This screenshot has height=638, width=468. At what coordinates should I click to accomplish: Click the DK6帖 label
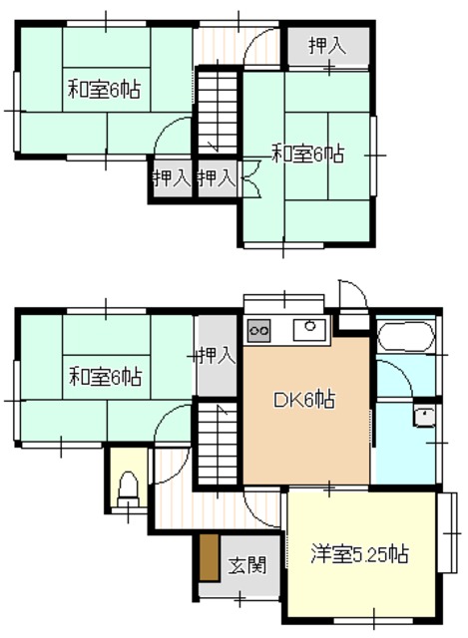[303, 402]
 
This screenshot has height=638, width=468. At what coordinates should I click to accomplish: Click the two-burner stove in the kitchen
[259, 328]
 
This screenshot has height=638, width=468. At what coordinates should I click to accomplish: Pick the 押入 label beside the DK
[216, 354]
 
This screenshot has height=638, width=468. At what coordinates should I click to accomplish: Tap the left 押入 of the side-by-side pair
[171, 178]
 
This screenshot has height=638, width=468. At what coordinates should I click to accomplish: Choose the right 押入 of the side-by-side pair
[216, 178]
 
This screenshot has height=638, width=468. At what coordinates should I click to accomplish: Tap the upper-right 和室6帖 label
[308, 154]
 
